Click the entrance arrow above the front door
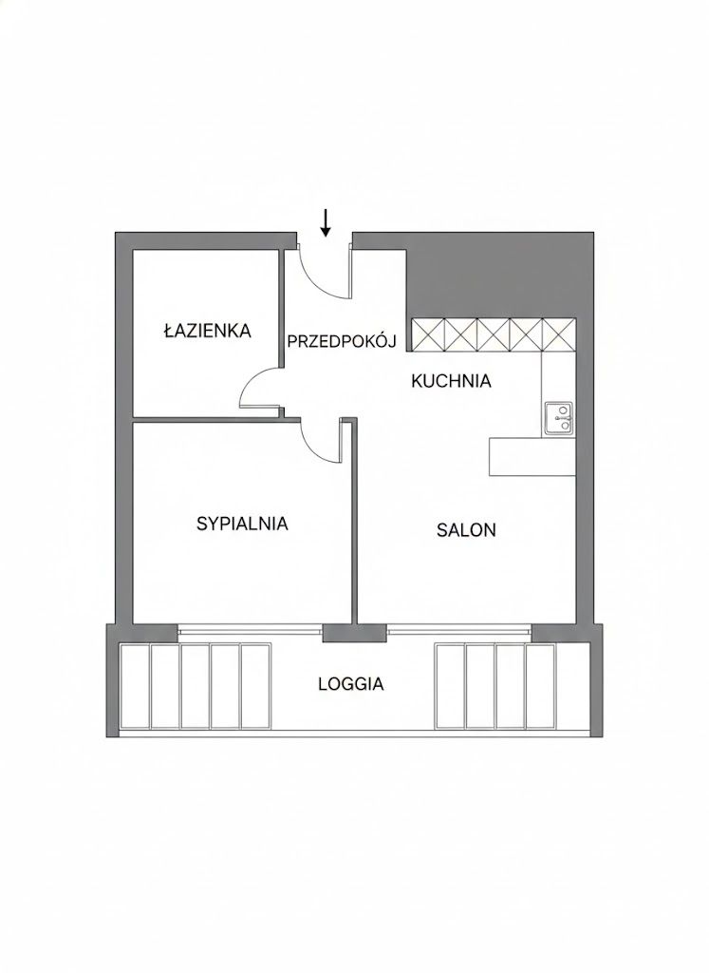click(326, 223)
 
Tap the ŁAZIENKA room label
click(207, 332)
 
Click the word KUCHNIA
click(451, 381)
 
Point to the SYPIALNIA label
click(242, 523)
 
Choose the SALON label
click(466, 530)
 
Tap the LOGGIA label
click(351, 683)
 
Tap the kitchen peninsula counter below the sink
click(532, 456)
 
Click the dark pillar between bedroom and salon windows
click(340, 632)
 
